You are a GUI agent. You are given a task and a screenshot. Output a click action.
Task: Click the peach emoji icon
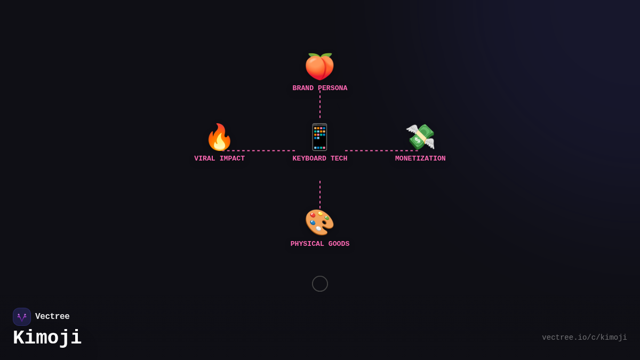pos(319,67)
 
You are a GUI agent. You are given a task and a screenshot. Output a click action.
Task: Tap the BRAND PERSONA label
pos(319,88)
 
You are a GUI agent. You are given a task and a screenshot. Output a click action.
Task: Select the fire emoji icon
pos(219,138)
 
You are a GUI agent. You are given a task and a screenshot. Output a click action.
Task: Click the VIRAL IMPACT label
pos(219,158)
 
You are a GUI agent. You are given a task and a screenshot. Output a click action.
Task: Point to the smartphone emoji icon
pos(319,138)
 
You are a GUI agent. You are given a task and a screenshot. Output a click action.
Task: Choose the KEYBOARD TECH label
pos(319,158)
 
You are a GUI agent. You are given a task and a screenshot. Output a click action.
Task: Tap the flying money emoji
pos(420,137)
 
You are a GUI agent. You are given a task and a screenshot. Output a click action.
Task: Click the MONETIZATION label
pos(420,158)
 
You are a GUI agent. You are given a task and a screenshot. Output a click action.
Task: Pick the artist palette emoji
pos(319,222)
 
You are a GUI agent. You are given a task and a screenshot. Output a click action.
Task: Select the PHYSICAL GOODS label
pos(319,244)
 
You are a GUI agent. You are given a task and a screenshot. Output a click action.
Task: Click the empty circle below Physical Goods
pos(320,284)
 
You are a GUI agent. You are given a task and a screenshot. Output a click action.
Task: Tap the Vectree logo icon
pos(22,317)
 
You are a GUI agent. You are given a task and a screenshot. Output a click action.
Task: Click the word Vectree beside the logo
pos(52,317)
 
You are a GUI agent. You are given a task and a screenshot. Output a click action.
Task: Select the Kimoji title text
pos(47,338)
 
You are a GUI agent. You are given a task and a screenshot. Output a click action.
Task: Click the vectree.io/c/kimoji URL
pos(584,338)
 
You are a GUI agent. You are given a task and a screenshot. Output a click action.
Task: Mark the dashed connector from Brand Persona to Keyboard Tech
pos(320,106)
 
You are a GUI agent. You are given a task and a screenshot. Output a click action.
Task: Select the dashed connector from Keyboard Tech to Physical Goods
pos(320,194)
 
